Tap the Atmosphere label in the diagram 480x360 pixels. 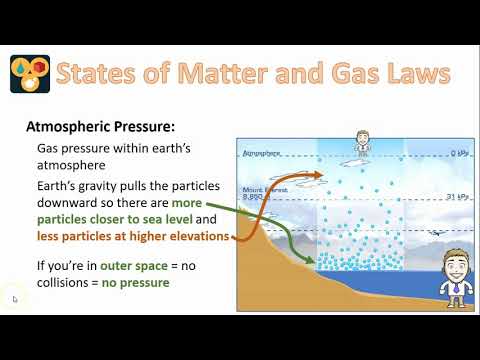263,154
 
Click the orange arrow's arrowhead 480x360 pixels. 318,176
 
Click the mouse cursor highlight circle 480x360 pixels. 14,298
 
